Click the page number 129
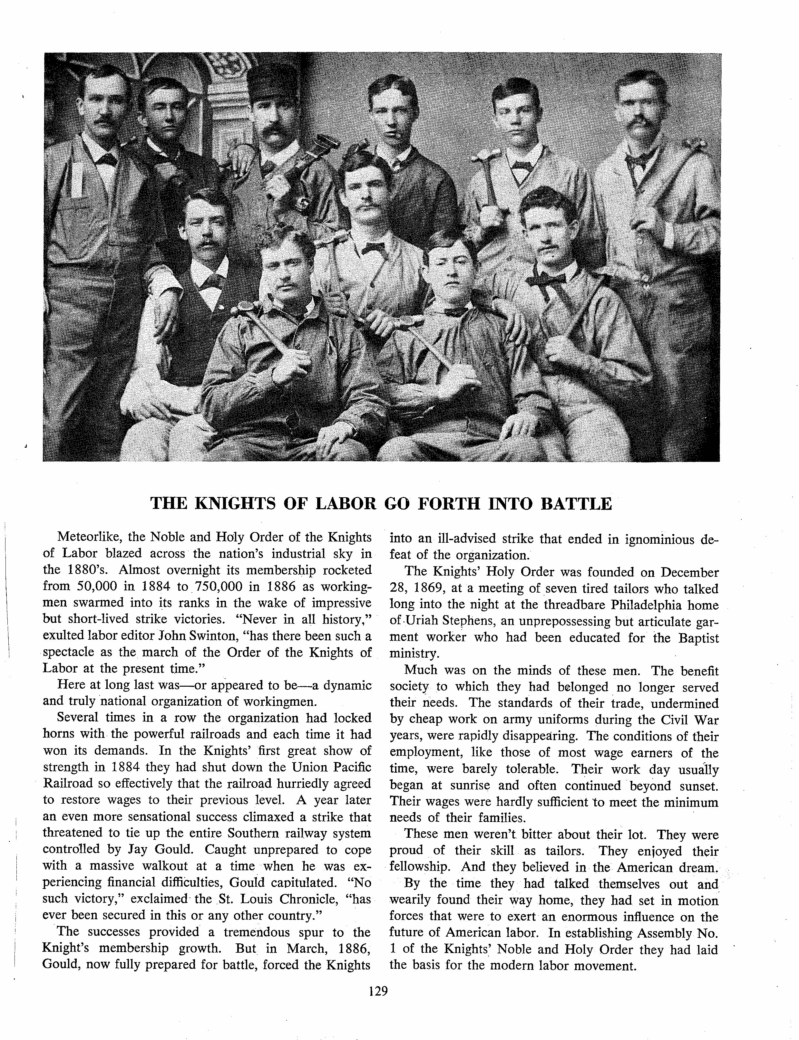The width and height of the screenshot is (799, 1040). tap(378, 991)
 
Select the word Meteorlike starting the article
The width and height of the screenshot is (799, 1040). tap(88, 538)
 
